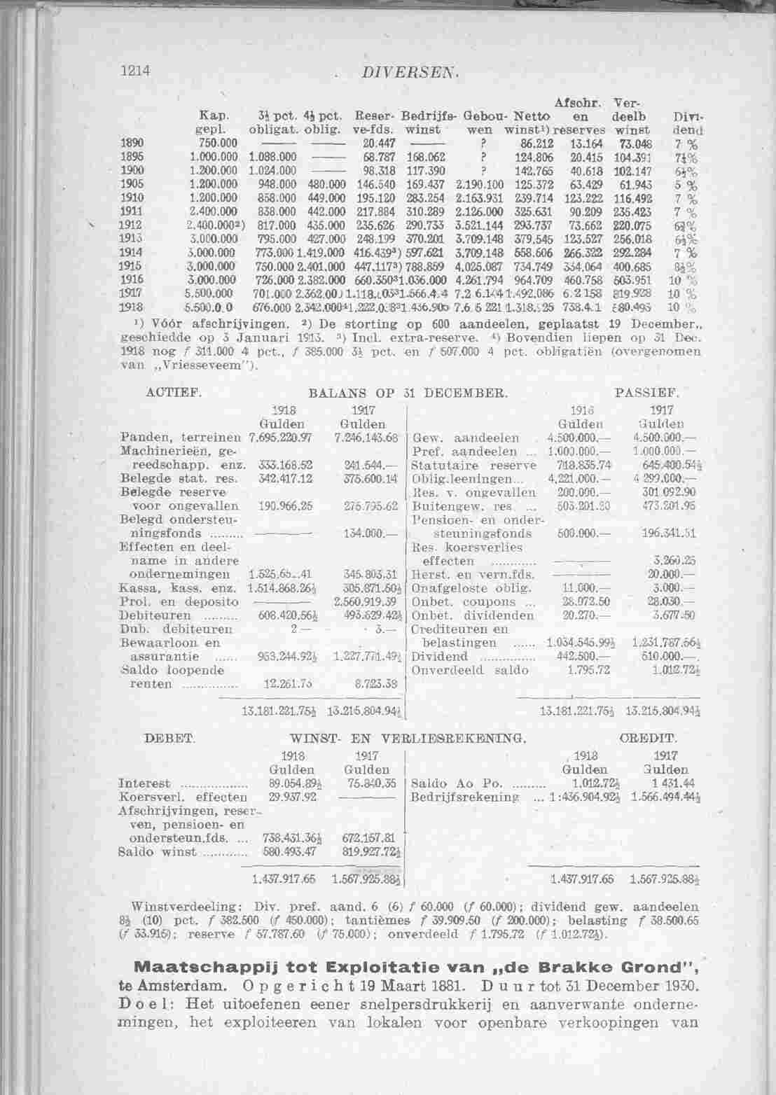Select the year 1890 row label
(x=127, y=141)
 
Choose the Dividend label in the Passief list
(x=440, y=657)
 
